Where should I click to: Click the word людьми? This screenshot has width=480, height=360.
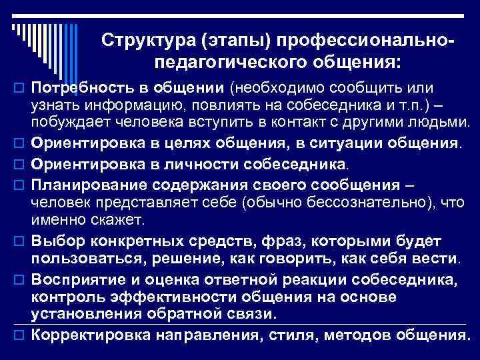(x=440, y=122)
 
